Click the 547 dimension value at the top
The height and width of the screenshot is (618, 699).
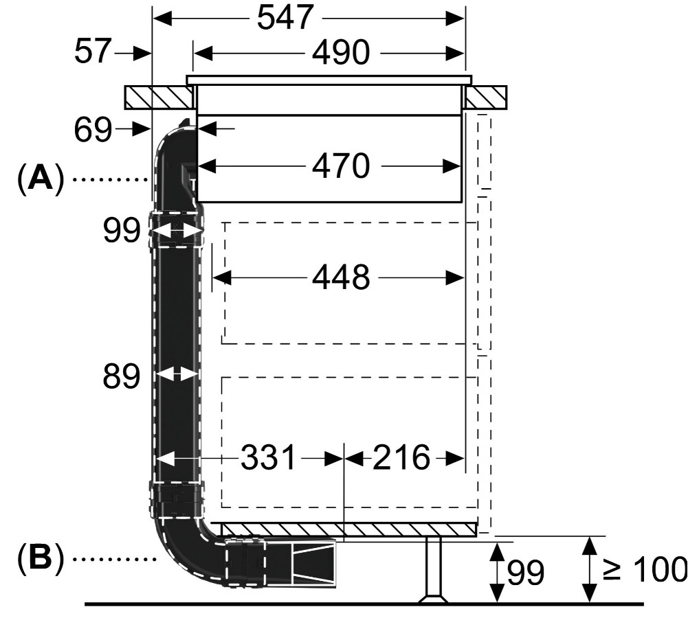pyautogui.click(x=285, y=18)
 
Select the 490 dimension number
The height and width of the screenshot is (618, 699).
pyautogui.click(x=341, y=53)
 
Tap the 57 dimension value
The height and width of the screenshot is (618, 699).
pyautogui.click(x=92, y=51)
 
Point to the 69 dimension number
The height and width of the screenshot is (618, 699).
pyautogui.click(x=93, y=130)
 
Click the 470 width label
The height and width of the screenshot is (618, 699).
pyautogui.click(x=341, y=166)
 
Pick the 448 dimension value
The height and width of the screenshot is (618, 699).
pyautogui.click(x=341, y=277)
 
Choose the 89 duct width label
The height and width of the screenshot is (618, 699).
pyautogui.click(x=121, y=377)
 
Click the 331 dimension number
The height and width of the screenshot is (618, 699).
pyautogui.click(x=268, y=457)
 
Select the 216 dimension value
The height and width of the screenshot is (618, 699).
pyautogui.click(x=401, y=457)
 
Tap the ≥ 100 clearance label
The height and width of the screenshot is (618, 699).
pyautogui.click(x=645, y=569)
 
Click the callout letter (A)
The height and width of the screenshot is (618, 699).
pyautogui.click(x=40, y=179)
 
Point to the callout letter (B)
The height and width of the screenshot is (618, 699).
pyautogui.click(x=40, y=558)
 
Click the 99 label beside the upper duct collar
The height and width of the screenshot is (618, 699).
pyautogui.click(x=121, y=230)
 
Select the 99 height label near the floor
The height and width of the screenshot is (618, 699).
pyautogui.click(x=526, y=573)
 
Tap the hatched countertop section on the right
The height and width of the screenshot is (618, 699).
pyautogui.click(x=487, y=97)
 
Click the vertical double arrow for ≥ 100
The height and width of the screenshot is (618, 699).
pyautogui.click(x=590, y=569)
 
